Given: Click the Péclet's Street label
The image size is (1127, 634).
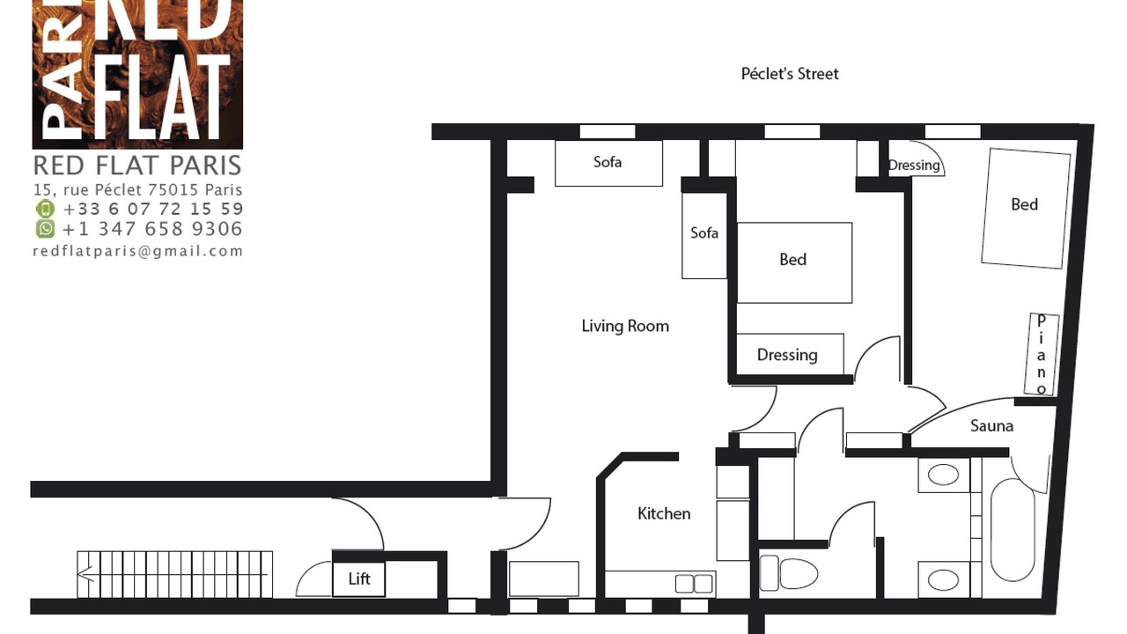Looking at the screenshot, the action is (790, 75).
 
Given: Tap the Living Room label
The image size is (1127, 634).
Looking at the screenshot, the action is (625, 326).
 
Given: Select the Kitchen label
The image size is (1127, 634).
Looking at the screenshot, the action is (664, 513).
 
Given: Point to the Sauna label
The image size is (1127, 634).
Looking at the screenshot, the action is (991, 426).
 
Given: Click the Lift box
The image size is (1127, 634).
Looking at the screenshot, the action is (358, 579).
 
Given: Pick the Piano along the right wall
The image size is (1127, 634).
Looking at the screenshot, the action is (1042, 354).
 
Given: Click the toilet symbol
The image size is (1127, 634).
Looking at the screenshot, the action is (788, 572).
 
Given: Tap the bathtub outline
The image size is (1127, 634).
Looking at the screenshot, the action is (1013, 529).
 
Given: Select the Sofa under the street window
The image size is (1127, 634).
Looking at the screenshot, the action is (608, 163).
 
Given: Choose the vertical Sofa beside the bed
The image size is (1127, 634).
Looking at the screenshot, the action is (704, 235).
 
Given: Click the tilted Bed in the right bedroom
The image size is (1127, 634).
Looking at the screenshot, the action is (1026, 208).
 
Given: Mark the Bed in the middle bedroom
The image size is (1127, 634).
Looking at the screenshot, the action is (794, 262).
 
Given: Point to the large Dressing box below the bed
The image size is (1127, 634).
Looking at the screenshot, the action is (791, 354).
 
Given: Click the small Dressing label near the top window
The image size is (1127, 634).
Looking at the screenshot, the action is (914, 166).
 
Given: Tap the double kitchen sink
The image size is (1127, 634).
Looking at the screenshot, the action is (694, 584).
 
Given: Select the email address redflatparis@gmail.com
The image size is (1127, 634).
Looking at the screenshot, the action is (138, 251).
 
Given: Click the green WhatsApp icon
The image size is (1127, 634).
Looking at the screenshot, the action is (45, 228).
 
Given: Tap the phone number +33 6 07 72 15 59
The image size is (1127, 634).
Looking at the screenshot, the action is (153, 209).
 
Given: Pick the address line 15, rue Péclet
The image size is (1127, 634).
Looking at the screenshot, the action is (138, 189).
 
